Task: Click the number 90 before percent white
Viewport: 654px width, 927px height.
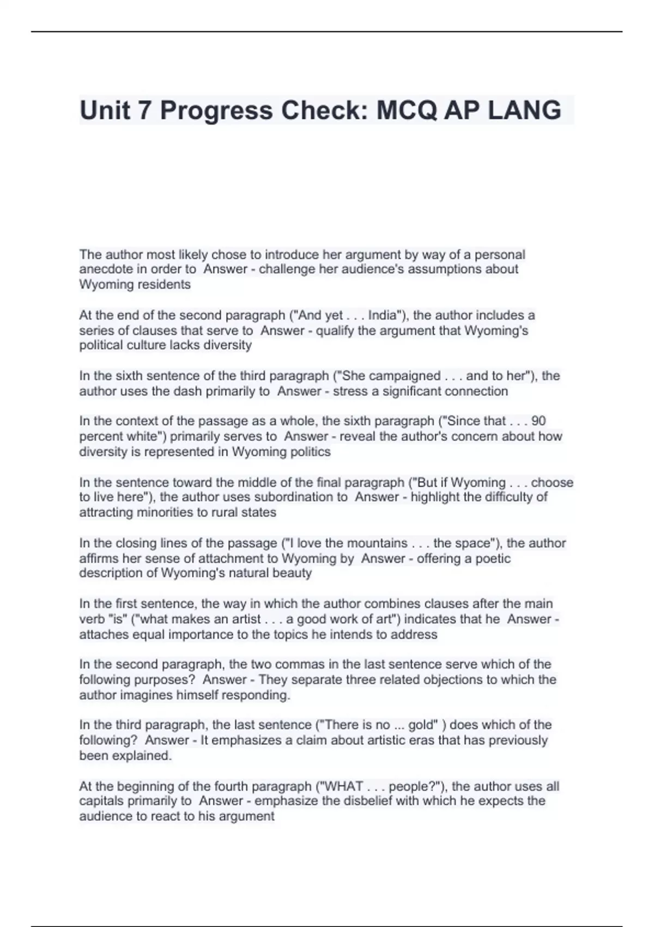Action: [x=538, y=422]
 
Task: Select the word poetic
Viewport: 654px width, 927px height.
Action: [x=491, y=559]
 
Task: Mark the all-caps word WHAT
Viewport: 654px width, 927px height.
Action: [x=343, y=786]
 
